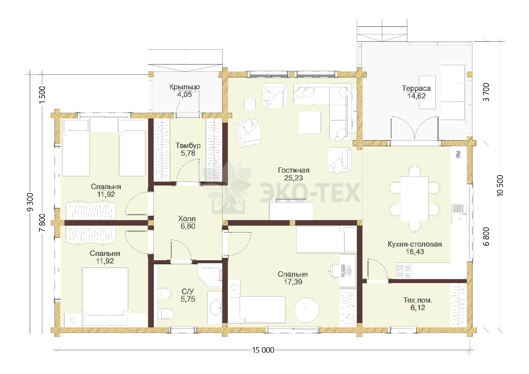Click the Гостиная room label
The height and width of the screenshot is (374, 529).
294,170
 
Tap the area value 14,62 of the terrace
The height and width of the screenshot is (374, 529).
416,96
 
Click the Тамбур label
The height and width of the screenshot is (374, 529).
188,145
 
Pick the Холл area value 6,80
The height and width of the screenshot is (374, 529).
188,226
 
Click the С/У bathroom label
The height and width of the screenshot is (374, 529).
188,291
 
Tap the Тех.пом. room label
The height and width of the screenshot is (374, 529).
418,300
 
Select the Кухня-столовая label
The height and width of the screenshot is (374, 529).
415,244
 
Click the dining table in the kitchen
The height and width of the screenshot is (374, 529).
415,199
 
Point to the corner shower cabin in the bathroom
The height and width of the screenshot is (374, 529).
210,276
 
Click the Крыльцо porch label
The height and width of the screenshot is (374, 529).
184,87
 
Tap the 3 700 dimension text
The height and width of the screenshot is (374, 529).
486,92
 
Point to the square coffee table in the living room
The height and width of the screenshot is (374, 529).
309,123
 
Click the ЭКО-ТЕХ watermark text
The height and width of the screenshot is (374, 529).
310,193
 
